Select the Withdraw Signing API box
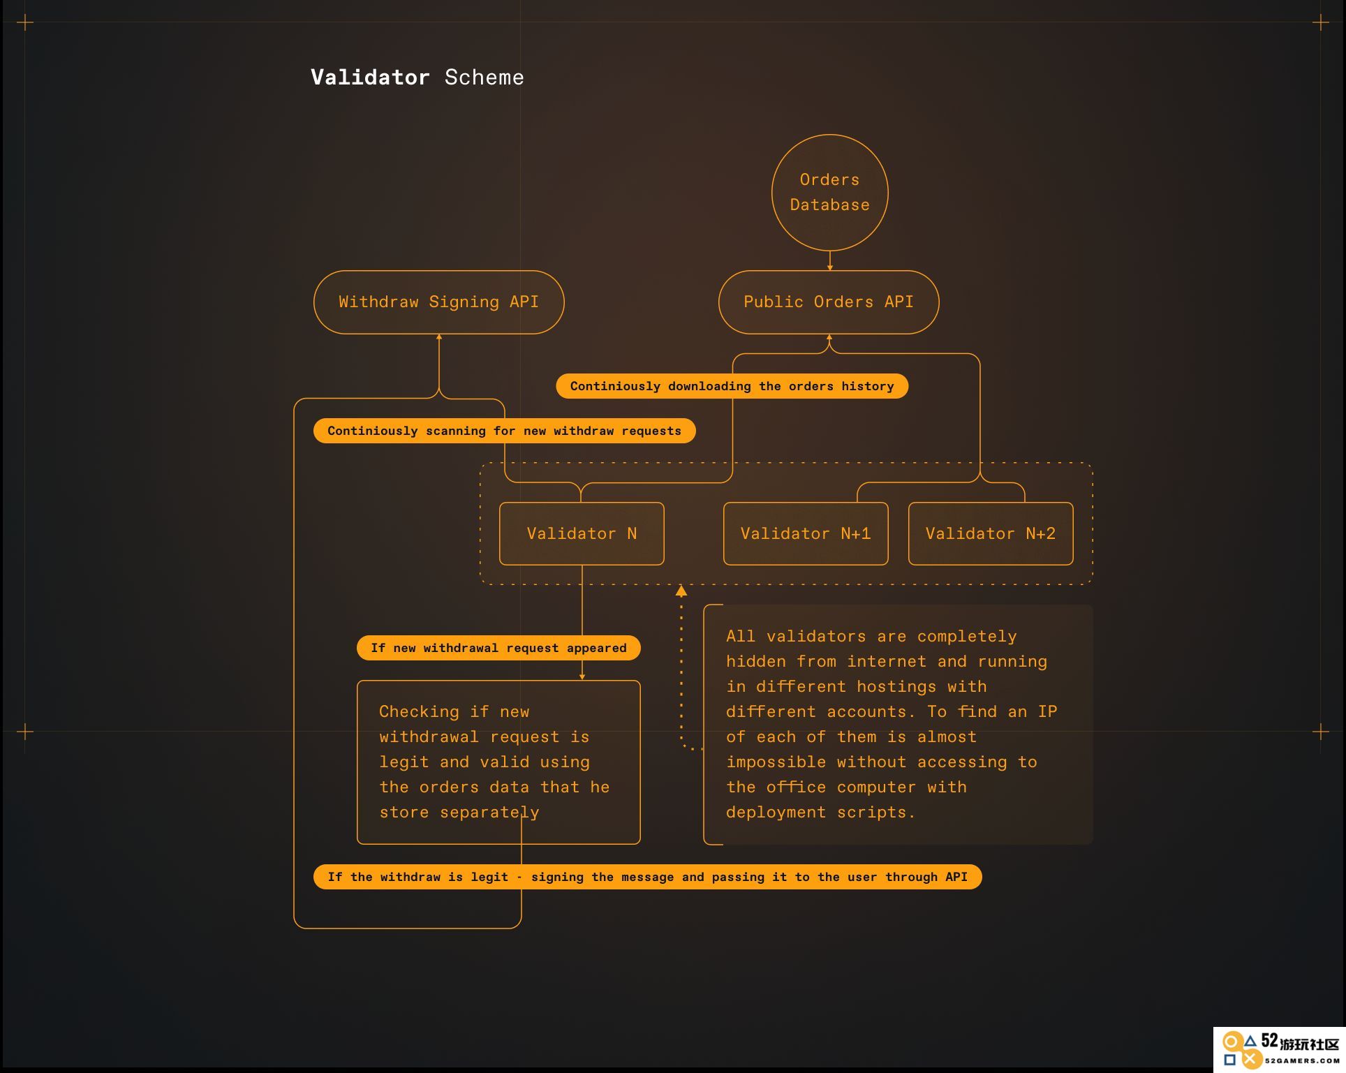coord(438,302)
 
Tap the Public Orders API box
coord(829,302)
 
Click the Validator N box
coord(582,533)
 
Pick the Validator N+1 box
coord(806,533)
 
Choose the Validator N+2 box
coord(991,533)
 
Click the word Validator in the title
coord(370,77)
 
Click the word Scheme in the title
coord(484,77)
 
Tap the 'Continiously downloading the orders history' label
coord(732,386)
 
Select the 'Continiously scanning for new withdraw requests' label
coord(504,431)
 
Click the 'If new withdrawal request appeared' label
coord(498,648)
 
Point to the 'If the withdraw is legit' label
coord(647,877)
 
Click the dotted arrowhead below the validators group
coord(681,591)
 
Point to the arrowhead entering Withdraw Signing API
coord(439,336)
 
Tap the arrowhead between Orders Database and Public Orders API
coord(830,267)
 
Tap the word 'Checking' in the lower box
coord(419,712)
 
